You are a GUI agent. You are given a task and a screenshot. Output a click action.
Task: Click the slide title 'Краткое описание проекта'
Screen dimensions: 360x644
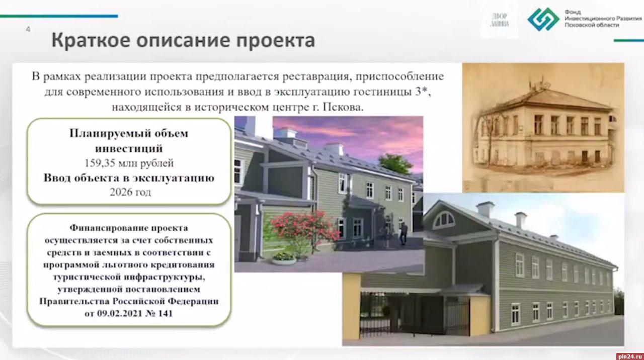[183, 40]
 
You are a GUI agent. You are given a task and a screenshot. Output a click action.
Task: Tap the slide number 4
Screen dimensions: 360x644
[28, 30]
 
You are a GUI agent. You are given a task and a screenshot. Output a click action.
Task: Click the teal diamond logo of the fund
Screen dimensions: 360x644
[543, 20]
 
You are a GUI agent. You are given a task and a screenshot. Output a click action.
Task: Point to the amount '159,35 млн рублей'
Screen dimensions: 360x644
[129, 163]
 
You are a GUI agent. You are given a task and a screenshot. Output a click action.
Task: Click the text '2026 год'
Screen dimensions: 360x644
[130, 193]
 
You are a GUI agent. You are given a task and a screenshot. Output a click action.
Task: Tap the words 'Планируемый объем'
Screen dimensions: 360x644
[129, 133]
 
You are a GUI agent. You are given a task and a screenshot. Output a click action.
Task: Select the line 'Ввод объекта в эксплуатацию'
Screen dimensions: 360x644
[129, 178]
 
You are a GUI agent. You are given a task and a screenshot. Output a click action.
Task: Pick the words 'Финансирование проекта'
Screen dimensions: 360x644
[129, 228]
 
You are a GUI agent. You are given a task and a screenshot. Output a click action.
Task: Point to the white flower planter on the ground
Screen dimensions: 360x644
[284, 259]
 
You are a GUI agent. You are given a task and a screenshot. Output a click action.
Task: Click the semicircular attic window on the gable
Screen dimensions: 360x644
[443, 220]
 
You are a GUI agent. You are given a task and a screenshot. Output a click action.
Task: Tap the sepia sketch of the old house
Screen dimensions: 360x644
[543, 127]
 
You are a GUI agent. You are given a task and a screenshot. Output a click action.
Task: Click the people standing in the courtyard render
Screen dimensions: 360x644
[395, 233]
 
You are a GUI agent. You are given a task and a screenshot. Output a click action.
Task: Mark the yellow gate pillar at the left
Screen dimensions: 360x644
[352, 309]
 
